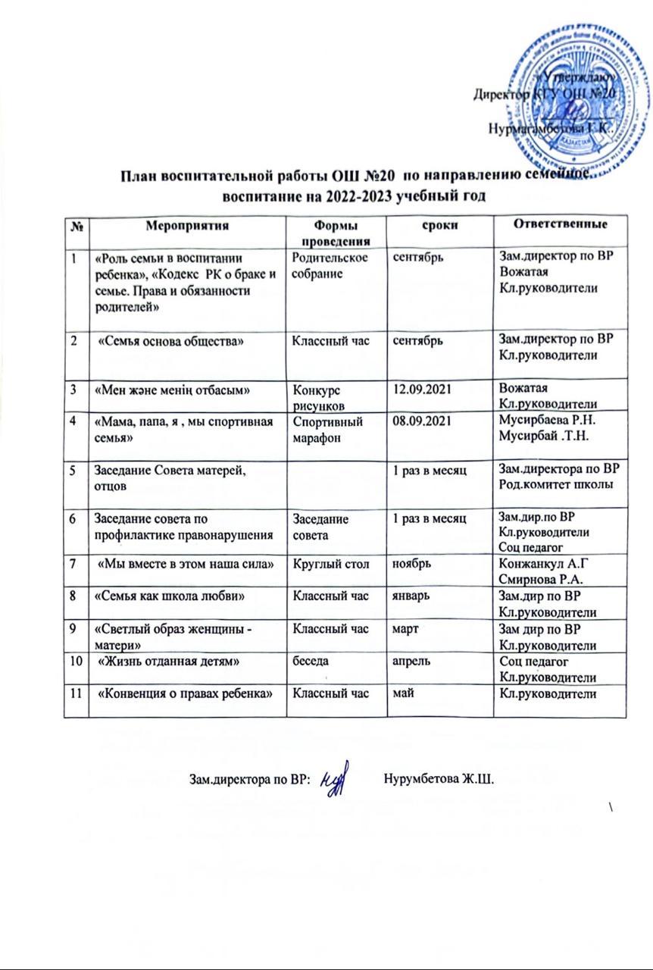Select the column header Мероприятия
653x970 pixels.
click(188, 225)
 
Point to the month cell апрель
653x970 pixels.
click(410, 660)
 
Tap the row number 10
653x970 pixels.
click(77, 660)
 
